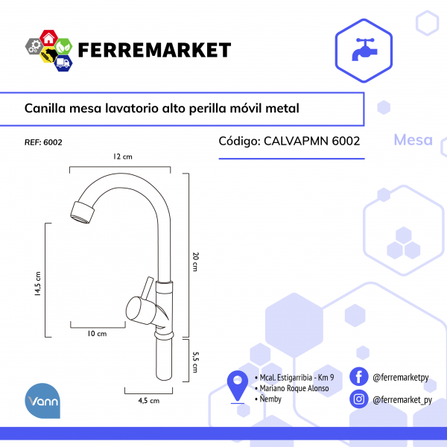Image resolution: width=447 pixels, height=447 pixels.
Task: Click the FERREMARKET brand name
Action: click(154, 50)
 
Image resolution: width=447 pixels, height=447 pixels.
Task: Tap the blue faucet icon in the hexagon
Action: click(364, 49)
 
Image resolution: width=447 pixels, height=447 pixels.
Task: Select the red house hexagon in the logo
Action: click(48, 38)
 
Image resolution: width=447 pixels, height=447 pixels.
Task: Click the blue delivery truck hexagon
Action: click(63, 63)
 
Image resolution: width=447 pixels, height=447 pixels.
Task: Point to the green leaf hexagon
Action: click(63, 46)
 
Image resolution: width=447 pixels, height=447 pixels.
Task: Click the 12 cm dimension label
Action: click(123, 156)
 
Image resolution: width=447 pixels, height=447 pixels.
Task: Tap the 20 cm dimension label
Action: click(195, 261)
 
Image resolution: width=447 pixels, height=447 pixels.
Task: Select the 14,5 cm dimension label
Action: click(38, 284)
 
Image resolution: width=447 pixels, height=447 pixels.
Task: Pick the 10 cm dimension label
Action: click(97, 334)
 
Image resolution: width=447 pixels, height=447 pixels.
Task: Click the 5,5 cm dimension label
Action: click(195, 362)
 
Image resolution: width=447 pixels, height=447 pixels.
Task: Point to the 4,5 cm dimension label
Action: click(149, 401)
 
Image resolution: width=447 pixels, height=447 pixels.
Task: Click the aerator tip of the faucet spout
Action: click(82, 212)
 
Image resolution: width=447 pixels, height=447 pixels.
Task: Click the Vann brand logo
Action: click(42, 401)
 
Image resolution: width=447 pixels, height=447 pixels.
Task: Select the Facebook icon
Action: click(359, 376)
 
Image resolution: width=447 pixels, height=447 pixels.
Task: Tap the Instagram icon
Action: click(359, 399)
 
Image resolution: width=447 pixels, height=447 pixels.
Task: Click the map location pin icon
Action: click(238, 386)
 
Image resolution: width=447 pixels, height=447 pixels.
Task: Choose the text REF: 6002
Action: click(43, 142)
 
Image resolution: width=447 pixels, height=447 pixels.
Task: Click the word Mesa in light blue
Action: click(413, 140)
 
